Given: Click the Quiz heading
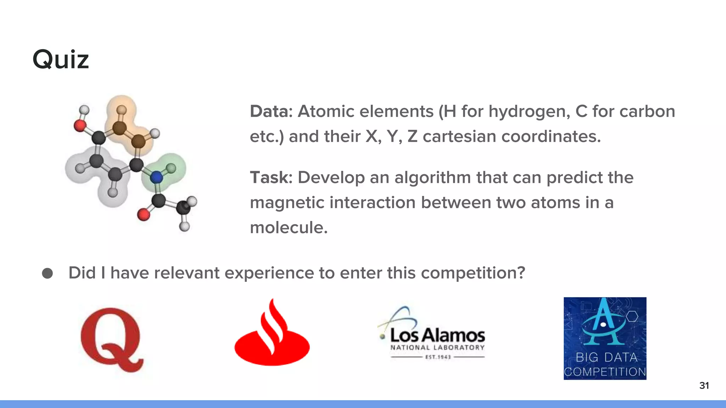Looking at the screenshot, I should [x=61, y=59].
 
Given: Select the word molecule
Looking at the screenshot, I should [x=289, y=227].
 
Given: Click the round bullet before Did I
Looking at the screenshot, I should [x=48, y=273].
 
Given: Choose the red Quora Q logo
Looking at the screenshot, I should [x=112, y=339].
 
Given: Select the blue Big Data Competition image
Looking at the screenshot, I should [x=605, y=338].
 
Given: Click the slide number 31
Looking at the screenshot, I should [x=704, y=385].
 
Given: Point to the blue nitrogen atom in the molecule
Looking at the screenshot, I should [x=156, y=177].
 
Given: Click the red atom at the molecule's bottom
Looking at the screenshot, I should [x=143, y=215].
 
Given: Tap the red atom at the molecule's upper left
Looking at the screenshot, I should [x=80, y=125].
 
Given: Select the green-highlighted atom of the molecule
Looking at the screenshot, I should [x=171, y=168].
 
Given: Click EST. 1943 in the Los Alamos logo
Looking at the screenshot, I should [x=438, y=357].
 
